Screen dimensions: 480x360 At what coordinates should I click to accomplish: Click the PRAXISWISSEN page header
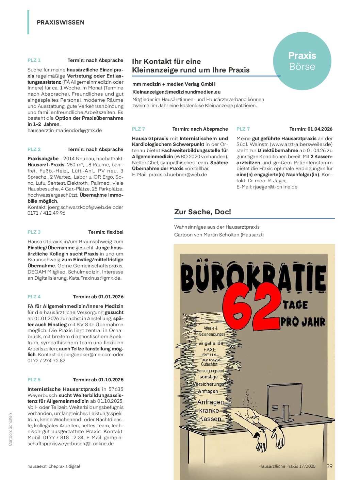pos(61,22)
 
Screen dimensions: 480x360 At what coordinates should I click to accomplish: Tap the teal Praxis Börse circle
pos(302,61)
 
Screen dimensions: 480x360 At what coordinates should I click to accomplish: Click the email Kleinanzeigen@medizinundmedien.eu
pos(176,92)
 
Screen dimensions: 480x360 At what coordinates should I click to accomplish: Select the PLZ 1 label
pos(34,60)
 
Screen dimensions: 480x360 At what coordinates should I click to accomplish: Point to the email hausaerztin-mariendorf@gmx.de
pos(65,130)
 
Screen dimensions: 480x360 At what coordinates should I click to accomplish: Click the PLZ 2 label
pos(34,149)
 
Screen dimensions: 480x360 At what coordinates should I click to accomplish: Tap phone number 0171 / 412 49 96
pos(46,213)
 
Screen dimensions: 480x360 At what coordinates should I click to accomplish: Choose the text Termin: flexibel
pos(106,232)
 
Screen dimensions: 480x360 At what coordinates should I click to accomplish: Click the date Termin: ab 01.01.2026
pos(98,297)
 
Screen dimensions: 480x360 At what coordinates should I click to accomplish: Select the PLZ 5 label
pos(34,380)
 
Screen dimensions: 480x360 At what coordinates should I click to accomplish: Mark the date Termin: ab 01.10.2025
pos(98,380)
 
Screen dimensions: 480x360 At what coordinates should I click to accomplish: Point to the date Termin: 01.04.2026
pos(311,129)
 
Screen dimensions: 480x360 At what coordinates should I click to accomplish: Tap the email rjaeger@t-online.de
pos(275,187)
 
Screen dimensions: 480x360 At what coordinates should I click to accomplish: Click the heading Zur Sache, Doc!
pos(202,212)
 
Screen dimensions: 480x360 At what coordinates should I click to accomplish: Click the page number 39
pos(329,466)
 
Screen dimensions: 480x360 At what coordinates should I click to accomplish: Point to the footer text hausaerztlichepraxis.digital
pos(54,466)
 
